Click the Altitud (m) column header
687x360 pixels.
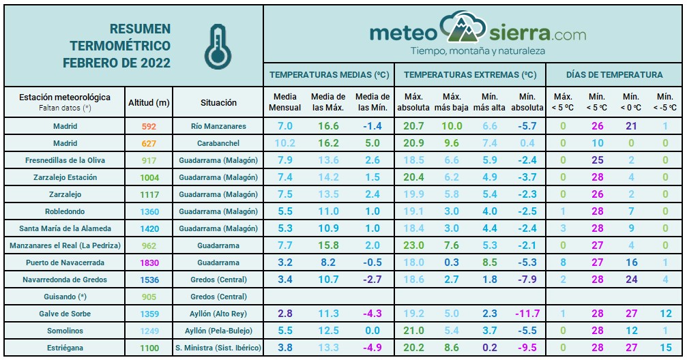click(x=149, y=102)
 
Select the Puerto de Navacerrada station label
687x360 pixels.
click(x=65, y=262)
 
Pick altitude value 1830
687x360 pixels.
click(x=149, y=262)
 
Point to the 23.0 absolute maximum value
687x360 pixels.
click(x=414, y=245)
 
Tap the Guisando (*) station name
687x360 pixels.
click(x=65, y=297)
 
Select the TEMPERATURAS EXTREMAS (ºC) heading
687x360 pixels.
click(x=470, y=75)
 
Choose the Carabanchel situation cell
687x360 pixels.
click(x=218, y=143)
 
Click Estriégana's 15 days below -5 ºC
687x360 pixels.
click(x=665, y=348)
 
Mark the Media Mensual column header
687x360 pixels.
click(x=285, y=102)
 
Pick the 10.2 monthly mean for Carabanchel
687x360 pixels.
click(x=285, y=143)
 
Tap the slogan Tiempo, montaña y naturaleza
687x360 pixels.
click(x=477, y=50)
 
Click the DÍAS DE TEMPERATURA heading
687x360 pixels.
click(x=614, y=75)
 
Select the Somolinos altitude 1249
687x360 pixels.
click(x=149, y=331)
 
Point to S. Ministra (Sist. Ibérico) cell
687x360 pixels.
click(x=218, y=348)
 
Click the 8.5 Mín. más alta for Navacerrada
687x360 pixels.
click(x=490, y=262)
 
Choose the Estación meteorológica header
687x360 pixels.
click(x=65, y=97)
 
